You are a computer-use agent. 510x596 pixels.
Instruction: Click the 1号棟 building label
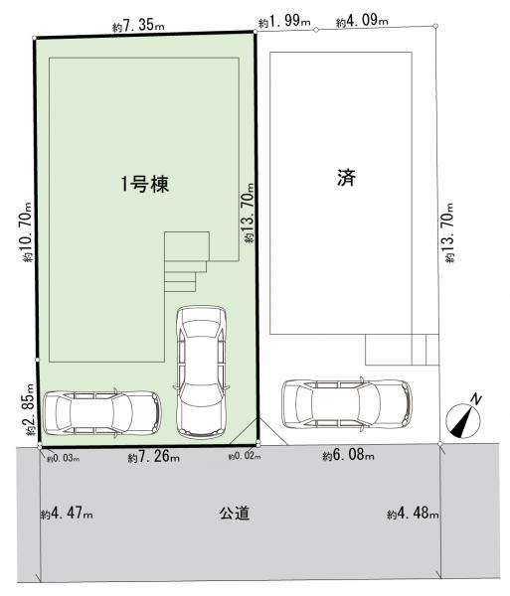145,185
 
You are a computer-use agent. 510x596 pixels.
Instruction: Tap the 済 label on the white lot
347,178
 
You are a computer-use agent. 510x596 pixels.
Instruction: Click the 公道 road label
235,514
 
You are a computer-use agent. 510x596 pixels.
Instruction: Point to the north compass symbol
464,417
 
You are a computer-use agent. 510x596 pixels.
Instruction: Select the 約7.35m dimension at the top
138,26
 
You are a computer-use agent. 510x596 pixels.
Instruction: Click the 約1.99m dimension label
284,21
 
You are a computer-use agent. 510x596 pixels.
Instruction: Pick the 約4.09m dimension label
362,21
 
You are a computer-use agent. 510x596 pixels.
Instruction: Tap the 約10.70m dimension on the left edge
27,231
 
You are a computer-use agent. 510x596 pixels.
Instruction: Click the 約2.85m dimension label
30,409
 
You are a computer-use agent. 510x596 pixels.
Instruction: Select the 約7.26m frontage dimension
154,457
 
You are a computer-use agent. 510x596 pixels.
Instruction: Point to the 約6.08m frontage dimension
348,455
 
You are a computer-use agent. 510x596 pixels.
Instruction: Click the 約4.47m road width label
67,514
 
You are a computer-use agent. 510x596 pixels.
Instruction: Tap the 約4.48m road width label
413,514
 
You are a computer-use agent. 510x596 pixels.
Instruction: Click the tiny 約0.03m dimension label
64,459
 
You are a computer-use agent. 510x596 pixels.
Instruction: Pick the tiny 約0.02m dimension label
245,457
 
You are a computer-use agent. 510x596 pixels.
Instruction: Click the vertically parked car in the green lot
202,372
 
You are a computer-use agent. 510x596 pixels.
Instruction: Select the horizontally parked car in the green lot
102,413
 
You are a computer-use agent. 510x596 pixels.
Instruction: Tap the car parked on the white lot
347,403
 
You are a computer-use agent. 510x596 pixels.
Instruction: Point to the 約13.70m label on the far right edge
448,232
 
